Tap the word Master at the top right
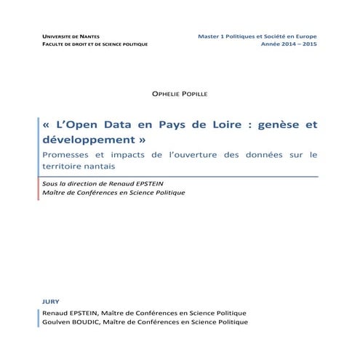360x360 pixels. [x=210, y=36]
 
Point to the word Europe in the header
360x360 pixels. [x=304, y=36]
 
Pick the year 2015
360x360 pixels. [x=308, y=44]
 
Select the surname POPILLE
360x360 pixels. [x=193, y=95]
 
